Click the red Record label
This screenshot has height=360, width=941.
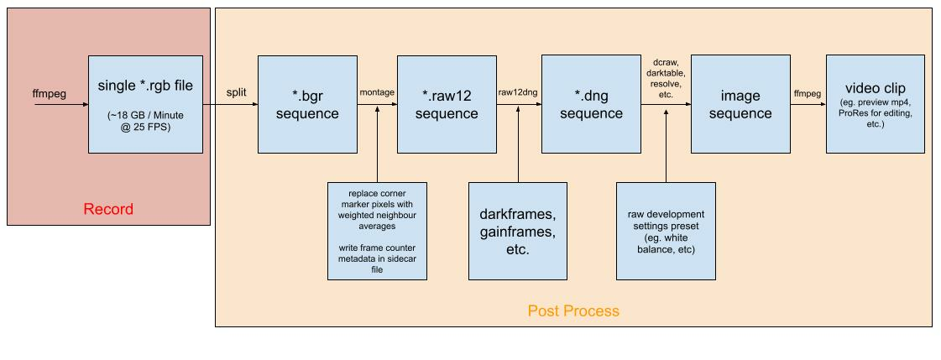[x=108, y=210]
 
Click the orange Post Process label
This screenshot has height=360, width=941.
[x=573, y=310]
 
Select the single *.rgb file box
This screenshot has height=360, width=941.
[x=145, y=104]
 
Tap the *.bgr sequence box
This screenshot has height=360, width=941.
[x=307, y=104]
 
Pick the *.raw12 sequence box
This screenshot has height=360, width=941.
[x=447, y=104]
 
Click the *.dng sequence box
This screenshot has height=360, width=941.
[x=591, y=104]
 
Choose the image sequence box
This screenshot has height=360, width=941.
[x=740, y=104]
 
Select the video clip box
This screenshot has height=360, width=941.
[x=875, y=104]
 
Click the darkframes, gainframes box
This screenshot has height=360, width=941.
[x=518, y=231]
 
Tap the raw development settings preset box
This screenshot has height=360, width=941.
[x=667, y=231]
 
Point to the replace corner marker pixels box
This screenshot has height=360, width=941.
[x=378, y=231]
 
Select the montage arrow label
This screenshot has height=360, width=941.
[x=377, y=92]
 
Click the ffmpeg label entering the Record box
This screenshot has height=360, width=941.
[x=50, y=94]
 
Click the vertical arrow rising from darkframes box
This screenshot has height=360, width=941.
[x=518, y=143]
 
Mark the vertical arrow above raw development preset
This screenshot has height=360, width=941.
[x=667, y=143]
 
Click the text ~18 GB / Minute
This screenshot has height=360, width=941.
[x=145, y=117]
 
